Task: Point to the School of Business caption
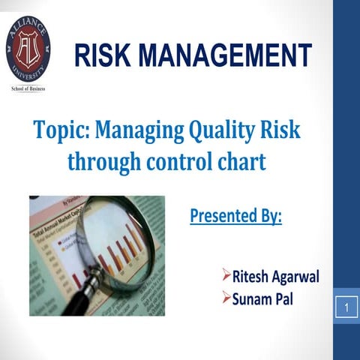tap(28, 88)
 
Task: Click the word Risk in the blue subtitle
tap(280, 130)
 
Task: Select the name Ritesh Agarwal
tap(274, 277)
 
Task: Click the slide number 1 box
tap(346, 307)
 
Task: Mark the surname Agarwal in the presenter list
tap(293, 277)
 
